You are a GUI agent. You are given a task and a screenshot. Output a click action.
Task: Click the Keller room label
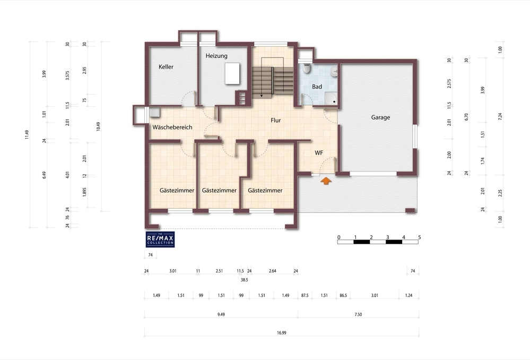pos(166,67)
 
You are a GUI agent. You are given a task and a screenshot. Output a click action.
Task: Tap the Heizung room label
pos(216,56)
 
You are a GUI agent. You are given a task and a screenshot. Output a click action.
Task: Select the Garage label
pos(380,117)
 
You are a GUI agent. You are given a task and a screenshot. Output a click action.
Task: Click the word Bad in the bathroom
pos(317,87)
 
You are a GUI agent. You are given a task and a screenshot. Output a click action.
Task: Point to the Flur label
pos(276,120)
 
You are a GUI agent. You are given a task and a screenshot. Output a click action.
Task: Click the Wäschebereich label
pos(172,127)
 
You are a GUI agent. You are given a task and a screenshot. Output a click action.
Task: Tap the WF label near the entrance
pos(319,153)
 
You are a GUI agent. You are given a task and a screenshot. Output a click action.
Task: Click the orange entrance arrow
pos(326,181)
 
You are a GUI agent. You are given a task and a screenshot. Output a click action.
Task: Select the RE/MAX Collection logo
pos(160,239)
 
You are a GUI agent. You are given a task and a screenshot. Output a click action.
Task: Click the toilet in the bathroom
pos(307,68)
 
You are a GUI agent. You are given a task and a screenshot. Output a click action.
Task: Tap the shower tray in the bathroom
pos(331,98)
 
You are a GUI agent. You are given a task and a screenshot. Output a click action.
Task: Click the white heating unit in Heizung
pos(232,73)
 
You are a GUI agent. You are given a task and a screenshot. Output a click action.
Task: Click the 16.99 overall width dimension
pos(282,333)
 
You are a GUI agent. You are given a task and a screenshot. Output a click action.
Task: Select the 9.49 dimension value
pos(221,315)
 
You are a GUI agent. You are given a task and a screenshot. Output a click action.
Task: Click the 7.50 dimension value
pos(358,315)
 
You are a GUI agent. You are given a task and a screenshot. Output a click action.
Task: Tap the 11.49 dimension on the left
pos(27,135)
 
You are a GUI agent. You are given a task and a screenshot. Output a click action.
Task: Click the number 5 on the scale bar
pos(420,237)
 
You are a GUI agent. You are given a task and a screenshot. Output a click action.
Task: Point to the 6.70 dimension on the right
pos(466,117)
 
